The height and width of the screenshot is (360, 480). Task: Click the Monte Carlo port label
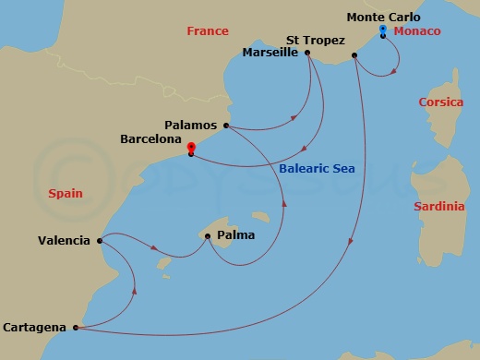point(383,17)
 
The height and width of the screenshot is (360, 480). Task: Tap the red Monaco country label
point(417,31)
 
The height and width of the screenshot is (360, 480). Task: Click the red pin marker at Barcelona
point(190,147)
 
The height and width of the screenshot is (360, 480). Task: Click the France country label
point(208,31)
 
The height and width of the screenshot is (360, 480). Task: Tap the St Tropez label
point(316,41)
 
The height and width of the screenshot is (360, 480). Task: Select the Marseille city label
point(270,53)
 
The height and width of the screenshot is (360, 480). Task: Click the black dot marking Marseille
point(306,53)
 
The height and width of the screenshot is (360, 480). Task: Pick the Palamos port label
point(190,125)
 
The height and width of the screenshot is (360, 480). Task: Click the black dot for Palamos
point(226,126)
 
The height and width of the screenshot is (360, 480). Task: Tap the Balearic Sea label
point(317,169)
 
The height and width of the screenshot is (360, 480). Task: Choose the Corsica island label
point(440,102)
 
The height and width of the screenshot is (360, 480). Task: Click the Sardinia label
point(439,206)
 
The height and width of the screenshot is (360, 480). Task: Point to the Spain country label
point(65,194)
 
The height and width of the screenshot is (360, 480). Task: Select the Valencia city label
point(64,241)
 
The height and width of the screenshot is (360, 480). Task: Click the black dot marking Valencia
point(98,241)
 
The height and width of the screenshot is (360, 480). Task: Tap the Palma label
point(236,235)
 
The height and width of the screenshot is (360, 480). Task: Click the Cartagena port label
point(34,327)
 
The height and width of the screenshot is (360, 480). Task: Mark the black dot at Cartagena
point(74,327)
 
